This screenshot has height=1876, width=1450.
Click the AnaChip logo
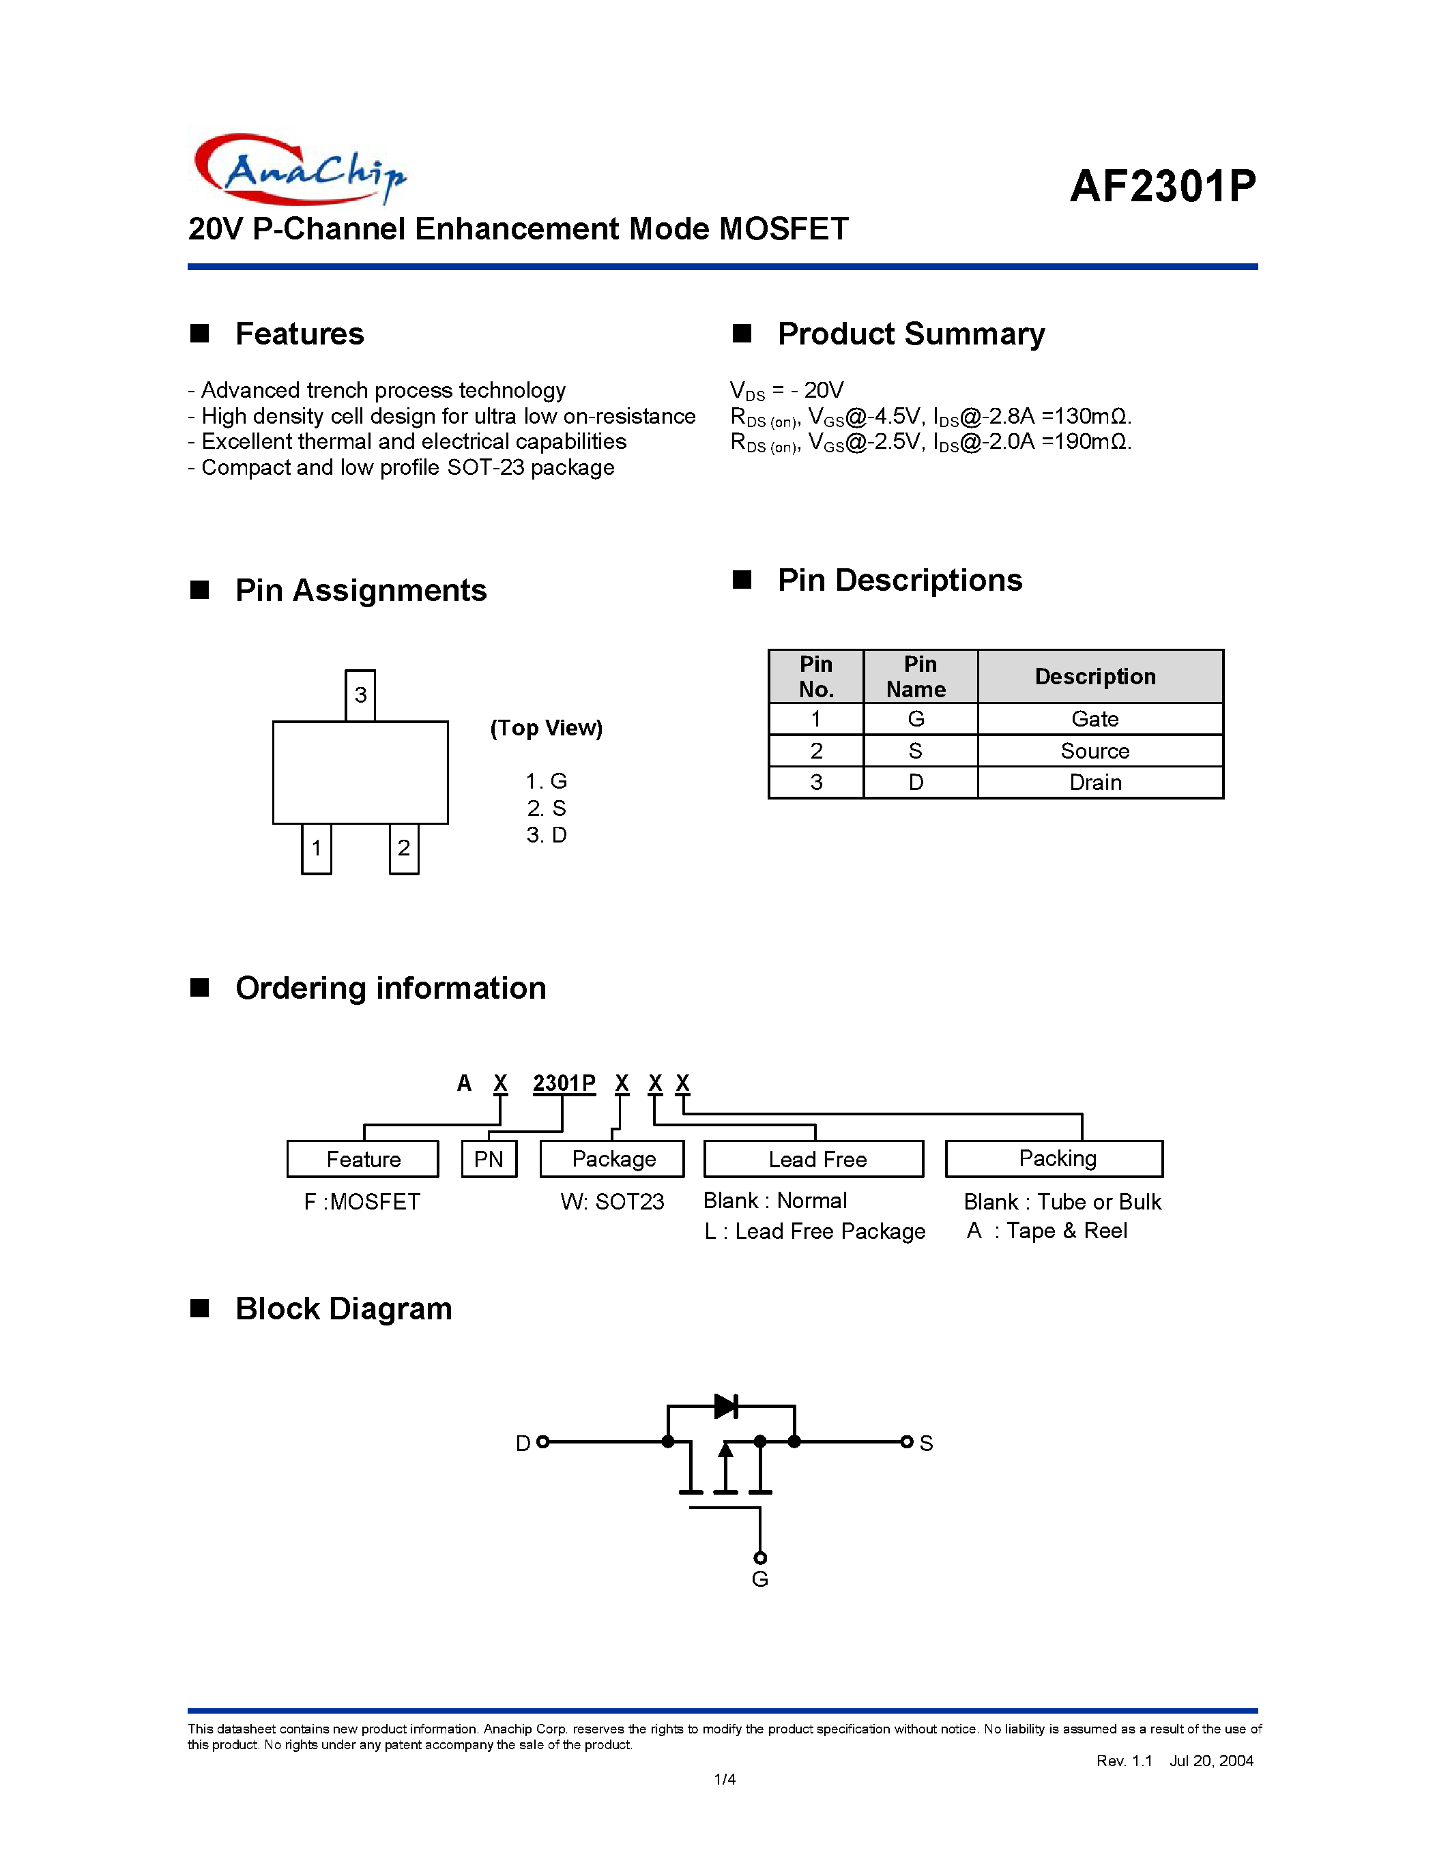pos(299,169)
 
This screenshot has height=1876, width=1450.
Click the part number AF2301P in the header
pos(1162,186)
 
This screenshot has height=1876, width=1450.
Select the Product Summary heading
pos(910,334)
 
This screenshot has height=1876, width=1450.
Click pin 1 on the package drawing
pos(316,849)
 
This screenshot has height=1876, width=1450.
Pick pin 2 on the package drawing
pos(404,849)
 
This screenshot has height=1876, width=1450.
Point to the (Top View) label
pos(547,728)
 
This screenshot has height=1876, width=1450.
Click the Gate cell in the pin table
pos(1094,718)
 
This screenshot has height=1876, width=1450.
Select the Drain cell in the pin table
pos(1094,782)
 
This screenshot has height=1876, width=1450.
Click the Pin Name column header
pos(918,676)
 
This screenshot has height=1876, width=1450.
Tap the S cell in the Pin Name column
pos(916,751)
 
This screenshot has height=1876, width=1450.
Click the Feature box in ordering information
pos(362,1159)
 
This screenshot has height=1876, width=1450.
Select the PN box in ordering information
pos(489,1159)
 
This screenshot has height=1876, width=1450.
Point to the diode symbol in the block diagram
pos(726,1406)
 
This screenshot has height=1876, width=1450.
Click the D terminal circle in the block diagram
pos(542,1441)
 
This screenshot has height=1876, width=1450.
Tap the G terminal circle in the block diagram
pos(759,1557)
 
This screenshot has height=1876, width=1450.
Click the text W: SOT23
pos(611,1202)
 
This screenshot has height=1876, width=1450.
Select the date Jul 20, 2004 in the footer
pos(1210,1761)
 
